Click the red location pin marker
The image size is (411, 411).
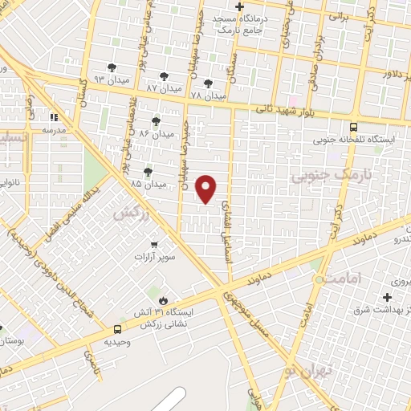[207, 189]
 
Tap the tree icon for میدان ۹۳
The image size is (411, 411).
[112, 68]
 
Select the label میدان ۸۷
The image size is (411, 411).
[165, 87]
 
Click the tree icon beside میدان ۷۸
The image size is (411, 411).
[209, 83]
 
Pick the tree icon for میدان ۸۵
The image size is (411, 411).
[148, 172]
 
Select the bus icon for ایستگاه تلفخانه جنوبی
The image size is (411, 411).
[354, 127]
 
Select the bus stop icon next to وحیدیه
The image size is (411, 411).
[118, 329]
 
